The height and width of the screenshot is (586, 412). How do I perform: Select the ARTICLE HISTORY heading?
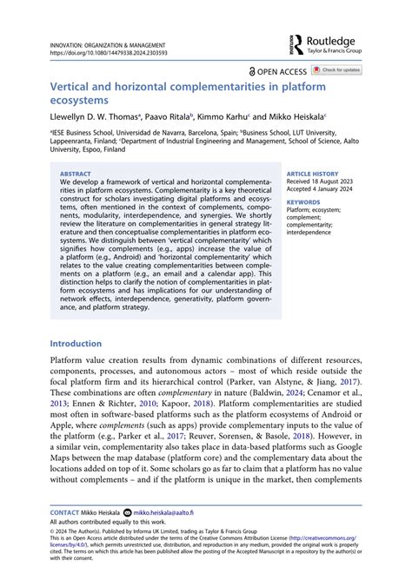pyautogui.click(x=313, y=174)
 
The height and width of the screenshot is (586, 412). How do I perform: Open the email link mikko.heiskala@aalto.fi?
pyautogui.click(x=171, y=513)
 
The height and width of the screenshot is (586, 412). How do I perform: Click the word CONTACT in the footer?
pyautogui.click(x=63, y=513)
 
